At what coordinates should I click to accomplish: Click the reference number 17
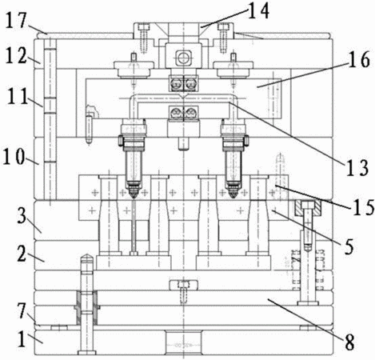[16, 21]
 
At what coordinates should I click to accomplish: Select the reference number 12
[16, 56]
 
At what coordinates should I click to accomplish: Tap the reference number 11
[18, 97]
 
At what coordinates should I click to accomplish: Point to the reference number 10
[14, 158]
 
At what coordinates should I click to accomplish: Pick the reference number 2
[22, 254]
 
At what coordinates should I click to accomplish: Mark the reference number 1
[22, 339]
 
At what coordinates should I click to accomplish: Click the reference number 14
[258, 11]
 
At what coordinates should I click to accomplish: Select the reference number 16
[359, 60]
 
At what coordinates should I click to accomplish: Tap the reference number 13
[358, 168]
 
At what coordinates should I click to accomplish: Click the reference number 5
[349, 246]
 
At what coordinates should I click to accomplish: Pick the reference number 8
[349, 342]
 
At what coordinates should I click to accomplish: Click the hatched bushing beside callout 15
[308, 208]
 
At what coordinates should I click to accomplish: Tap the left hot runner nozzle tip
[134, 196]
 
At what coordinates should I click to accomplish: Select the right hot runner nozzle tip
[233, 196]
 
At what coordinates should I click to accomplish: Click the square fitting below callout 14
[183, 58]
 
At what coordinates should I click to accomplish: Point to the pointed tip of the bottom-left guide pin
[86, 256]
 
